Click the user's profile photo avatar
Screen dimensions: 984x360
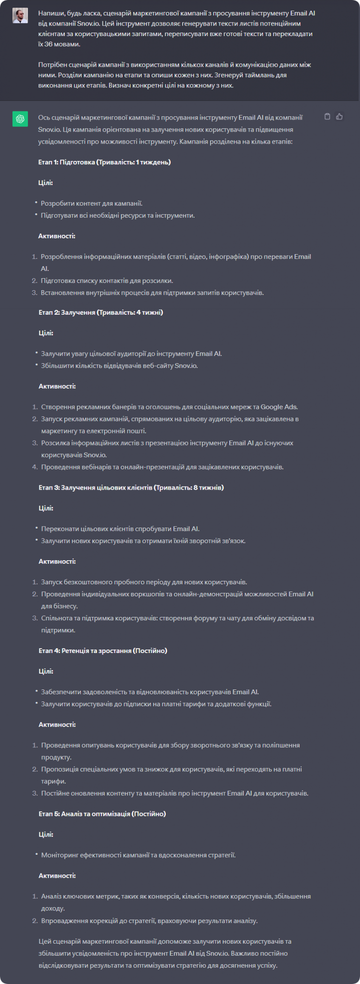20,16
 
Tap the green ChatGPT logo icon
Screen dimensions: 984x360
20,119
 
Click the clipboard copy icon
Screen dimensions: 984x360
327,116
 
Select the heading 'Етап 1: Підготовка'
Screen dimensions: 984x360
104,162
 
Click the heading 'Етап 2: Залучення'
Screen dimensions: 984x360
101,312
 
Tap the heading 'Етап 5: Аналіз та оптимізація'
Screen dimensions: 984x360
102,813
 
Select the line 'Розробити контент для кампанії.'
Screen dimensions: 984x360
91,203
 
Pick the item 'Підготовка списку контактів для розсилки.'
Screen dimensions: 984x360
107,281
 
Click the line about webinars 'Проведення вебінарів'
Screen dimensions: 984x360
162,467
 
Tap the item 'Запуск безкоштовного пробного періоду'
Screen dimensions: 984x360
144,582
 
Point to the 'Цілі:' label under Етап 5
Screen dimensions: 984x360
46,834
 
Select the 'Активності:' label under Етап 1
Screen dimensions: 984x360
57,236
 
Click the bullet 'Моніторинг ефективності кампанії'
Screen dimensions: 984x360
138,855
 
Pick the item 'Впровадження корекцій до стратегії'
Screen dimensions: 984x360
149,921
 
